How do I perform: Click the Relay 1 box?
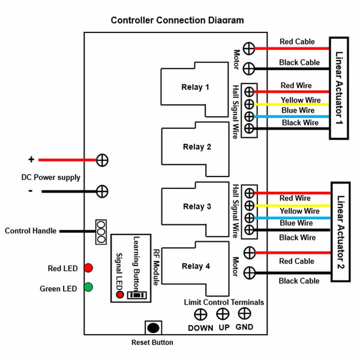point(195,88)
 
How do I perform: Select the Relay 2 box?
point(196,147)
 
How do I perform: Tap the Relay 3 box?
point(196,207)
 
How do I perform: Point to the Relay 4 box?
point(196,266)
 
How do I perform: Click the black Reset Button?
point(154,328)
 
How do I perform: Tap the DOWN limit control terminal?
point(200,314)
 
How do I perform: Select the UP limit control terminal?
point(223,313)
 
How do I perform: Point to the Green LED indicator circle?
point(88,287)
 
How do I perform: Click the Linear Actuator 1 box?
point(339,88)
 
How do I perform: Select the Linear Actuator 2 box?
point(340,231)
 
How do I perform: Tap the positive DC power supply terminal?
point(103,160)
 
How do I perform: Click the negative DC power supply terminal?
point(103,191)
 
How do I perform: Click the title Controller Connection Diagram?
point(178,20)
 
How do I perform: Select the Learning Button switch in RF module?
point(137,295)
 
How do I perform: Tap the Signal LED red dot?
point(120,295)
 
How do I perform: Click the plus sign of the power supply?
point(31,160)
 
